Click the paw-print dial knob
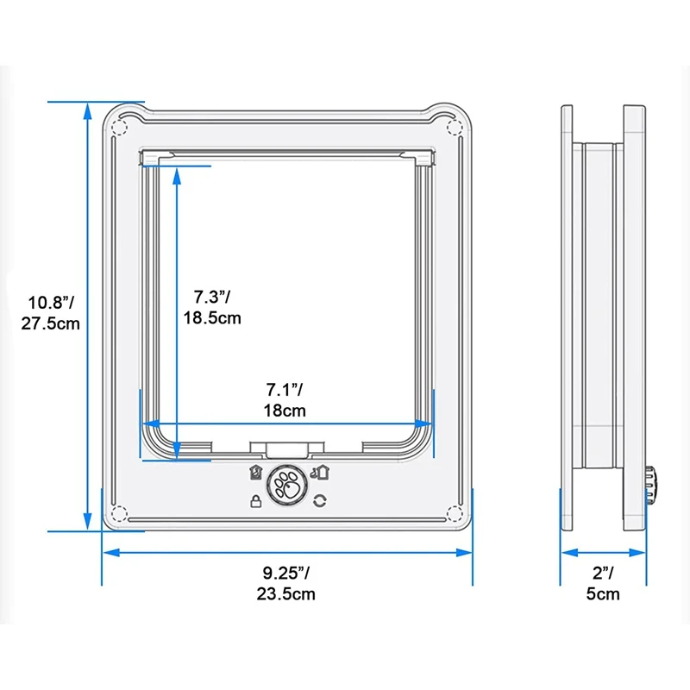[287, 486]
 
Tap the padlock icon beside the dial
[255, 501]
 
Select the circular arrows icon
[320, 501]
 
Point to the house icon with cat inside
[255, 472]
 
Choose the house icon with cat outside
[320, 472]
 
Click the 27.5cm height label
[51, 324]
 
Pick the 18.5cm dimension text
[212, 317]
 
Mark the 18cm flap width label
[285, 411]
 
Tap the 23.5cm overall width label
[286, 594]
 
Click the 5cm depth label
[603, 594]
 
